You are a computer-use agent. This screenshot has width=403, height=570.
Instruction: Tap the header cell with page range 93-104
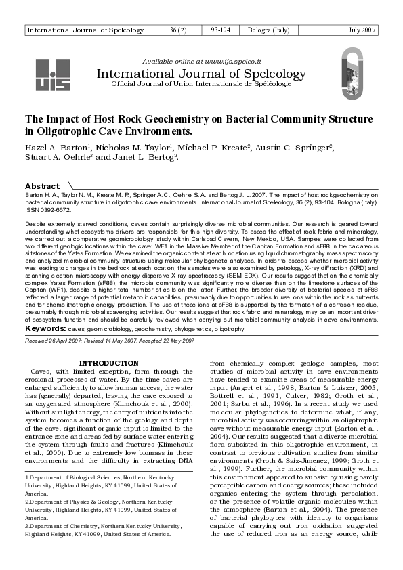220,30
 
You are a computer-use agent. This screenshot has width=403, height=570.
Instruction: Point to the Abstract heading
42,185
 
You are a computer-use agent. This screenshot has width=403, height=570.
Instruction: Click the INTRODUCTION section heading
109,363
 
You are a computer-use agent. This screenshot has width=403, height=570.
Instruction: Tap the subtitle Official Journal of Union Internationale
201,83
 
